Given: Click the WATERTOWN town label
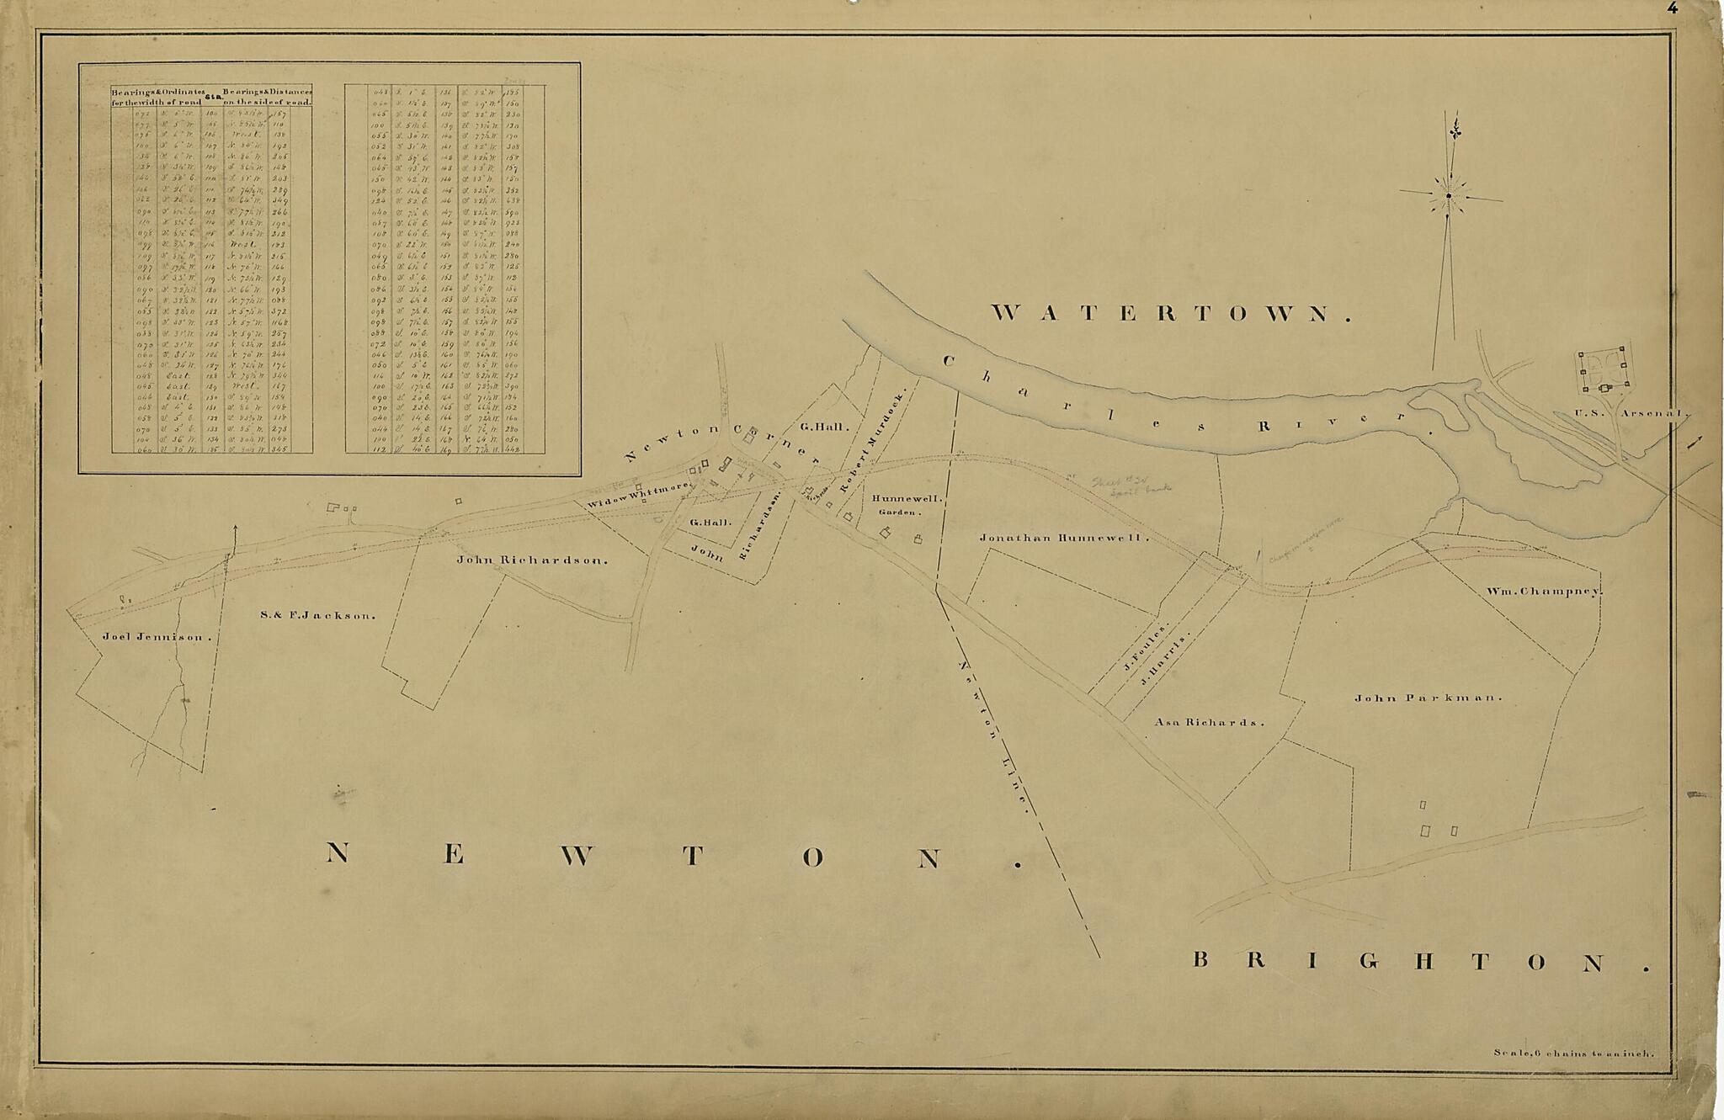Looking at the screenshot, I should pos(1171,314).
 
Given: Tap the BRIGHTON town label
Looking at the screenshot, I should pos(1418,961).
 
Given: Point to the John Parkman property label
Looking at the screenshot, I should pos(1428,698).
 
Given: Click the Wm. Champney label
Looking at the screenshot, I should pos(1543,592).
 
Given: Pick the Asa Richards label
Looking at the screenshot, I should pos(1209,722).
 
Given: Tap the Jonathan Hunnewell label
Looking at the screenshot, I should pos(1063,537).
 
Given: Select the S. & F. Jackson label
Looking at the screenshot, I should pos(317,615).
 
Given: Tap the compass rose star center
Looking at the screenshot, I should pos(1449,197).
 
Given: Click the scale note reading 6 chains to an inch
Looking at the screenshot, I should pos(1573,1052).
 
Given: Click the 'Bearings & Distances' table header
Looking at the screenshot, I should pos(267,96).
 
